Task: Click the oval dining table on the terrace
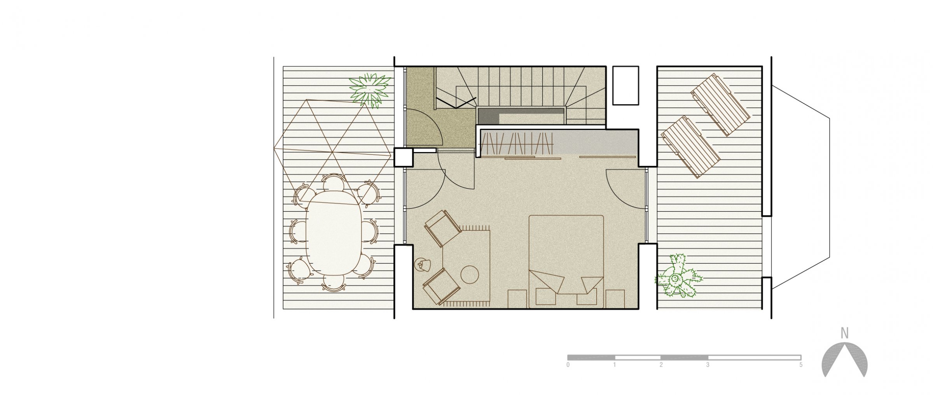pos(334,233)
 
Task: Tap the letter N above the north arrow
pos(844,333)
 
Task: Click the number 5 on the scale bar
pos(801,365)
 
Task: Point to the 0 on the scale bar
pos(568,365)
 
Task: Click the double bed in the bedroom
pos(566,262)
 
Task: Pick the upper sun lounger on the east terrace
pos(720,105)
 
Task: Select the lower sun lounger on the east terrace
pos(690,147)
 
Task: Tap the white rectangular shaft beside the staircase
pos(625,85)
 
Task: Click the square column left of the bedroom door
pos(403,158)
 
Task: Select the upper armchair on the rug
pos(443,228)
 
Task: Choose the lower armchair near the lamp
pos(441,286)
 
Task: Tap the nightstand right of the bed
pos(615,299)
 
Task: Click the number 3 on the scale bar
pos(708,365)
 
